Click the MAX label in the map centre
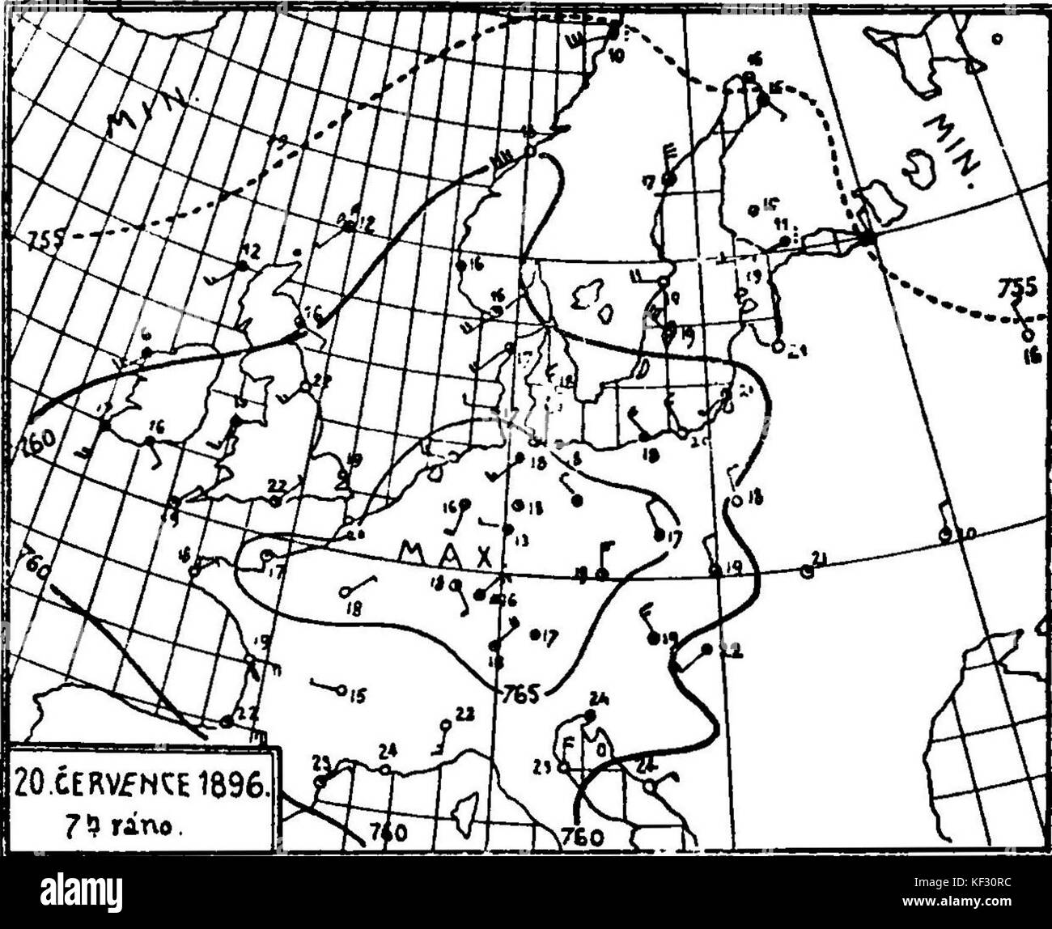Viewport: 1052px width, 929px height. point(446,554)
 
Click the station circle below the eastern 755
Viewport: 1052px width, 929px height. point(1028,333)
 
